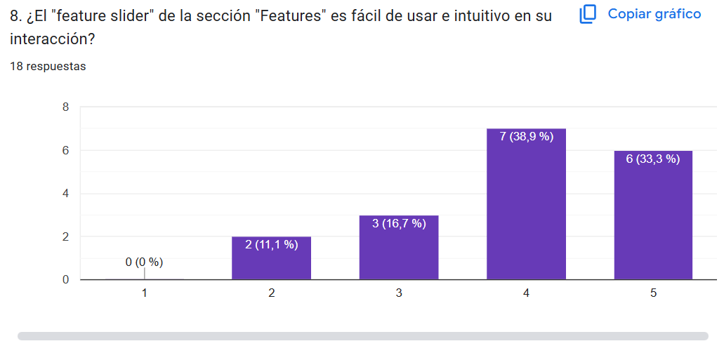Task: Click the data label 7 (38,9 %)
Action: coord(526,137)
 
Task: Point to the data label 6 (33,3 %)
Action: coord(653,159)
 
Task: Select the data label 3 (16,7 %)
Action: coord(399,224)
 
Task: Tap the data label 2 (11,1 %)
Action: coord(271,245)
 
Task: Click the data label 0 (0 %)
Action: coord(144,262)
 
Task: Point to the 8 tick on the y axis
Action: coord(65,107)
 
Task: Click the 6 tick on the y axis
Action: coord(65,150)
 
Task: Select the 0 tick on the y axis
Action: coord(65,280)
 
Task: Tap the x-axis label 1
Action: coord(144,293)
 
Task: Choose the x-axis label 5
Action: coord(653,293)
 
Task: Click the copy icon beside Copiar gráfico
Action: coord(588,14)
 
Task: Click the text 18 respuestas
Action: coord(48,67)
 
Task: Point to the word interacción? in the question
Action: coord(53,39)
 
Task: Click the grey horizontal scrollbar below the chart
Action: coord(362,336)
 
